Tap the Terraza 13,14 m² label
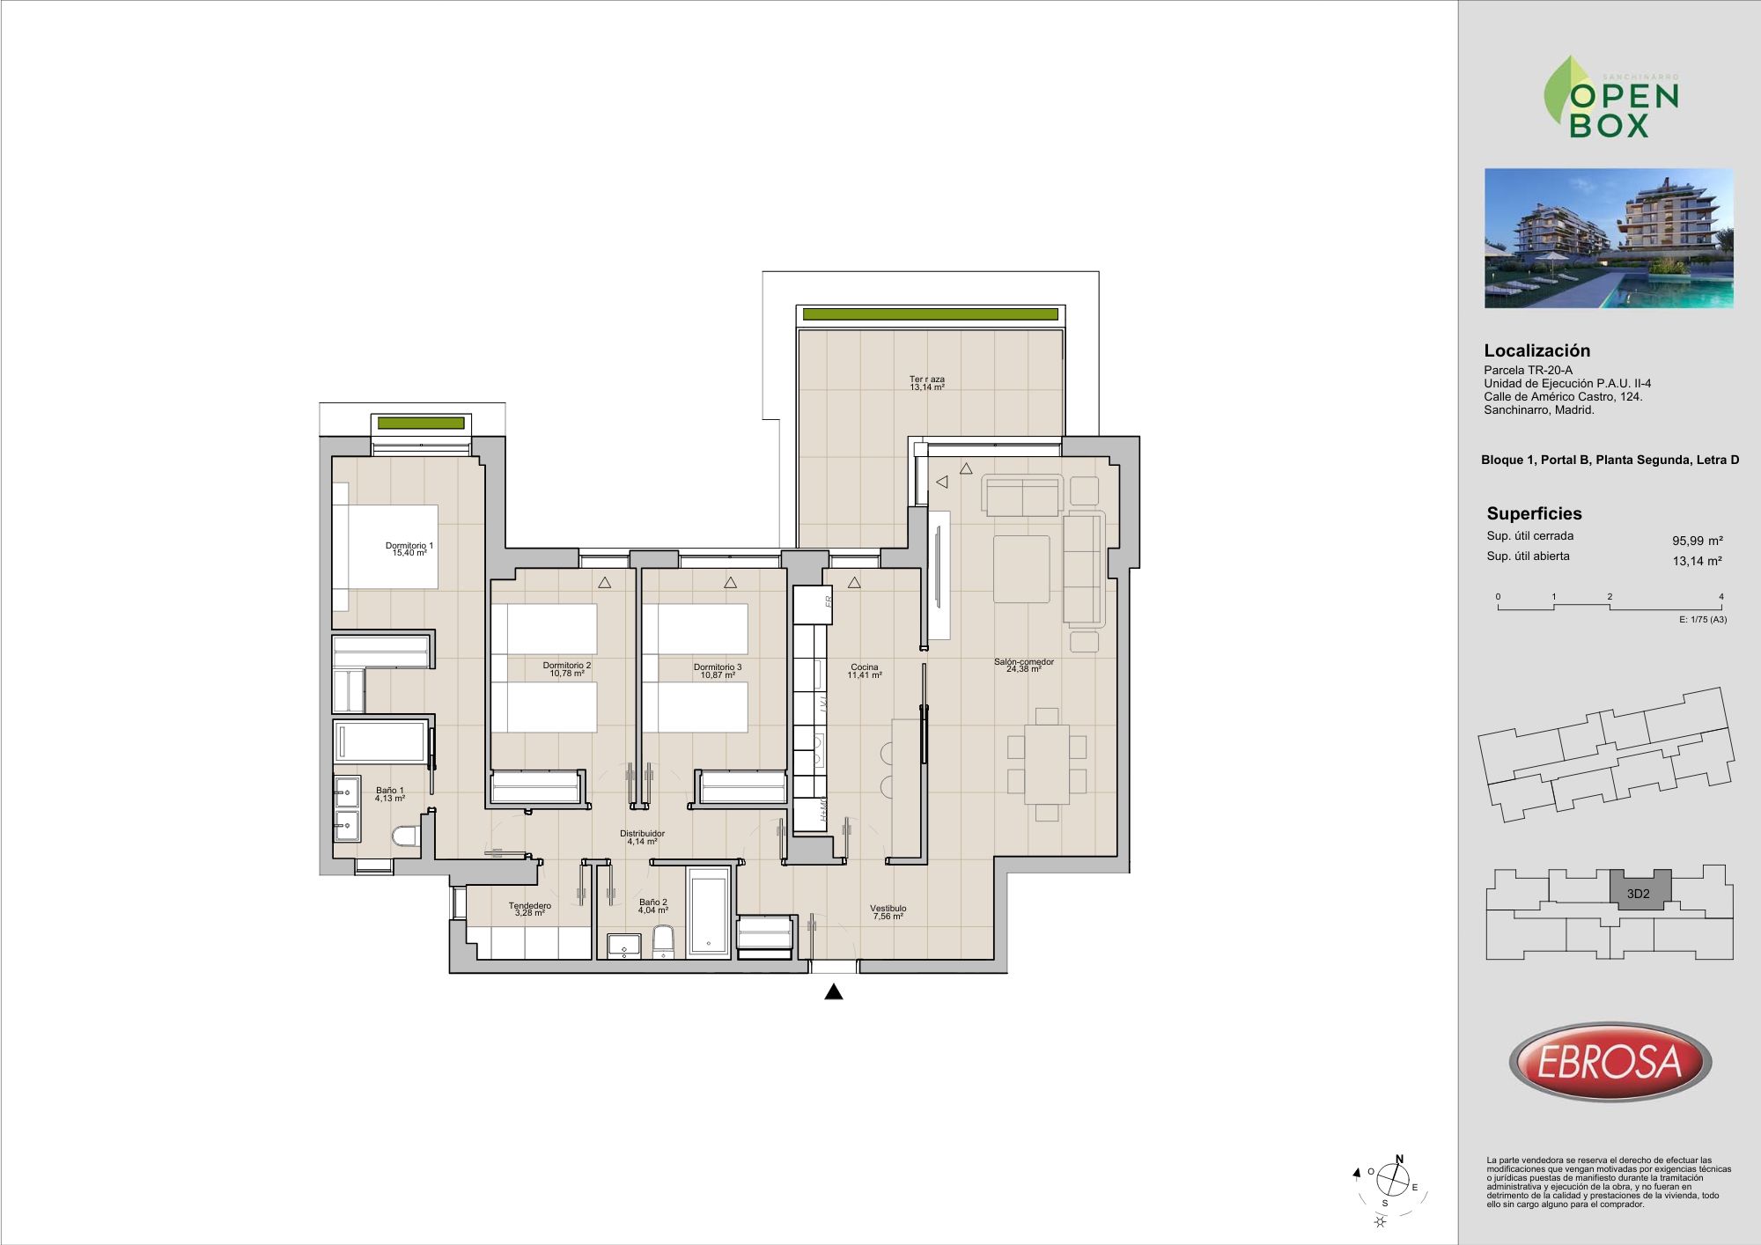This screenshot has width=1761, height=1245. pyautogui.click(x=927, y=383)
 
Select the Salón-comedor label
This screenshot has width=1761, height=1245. pyautogui.click(x=1024, y=662)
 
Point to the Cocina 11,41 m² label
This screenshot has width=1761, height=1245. pyautogui.click(x=865, y=671)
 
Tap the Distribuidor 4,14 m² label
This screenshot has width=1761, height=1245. pyautogui.click(x=642, y=837)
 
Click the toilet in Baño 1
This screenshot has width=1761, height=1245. pyautogui.click(x=406, y=836)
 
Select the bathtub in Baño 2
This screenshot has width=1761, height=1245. pyautogui.click(x=710, y=912)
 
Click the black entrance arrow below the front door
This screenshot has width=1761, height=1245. pyautogui.click(x=834, y=992)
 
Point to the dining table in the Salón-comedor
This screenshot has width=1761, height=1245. pyautogui.click(x=1047, y=764)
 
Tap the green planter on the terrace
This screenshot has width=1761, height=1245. pyautogui.click(x=930, y=314)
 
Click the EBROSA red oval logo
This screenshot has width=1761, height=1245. pyautogui.click(x=1610, y=1061)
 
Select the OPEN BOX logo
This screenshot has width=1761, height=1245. pyautogui.click(x=1611, y=98)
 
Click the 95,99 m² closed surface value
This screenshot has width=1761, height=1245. pyautogui.click(x=1698, y=541)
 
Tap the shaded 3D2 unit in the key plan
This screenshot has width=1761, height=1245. pyautogui.click(x=1639, y=889)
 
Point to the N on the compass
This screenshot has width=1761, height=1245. pyautogui.click(x=1400, y=1160)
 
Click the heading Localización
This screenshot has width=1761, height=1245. pyautogui.click(x=1537, y=350)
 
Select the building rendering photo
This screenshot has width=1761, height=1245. pyautogui.click(x=1609, y=239)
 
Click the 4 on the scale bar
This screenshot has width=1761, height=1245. pyautogui.click(x=1721, y=597)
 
